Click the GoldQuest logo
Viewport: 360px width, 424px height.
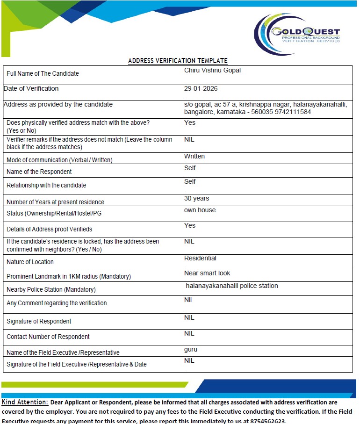coord(297,34)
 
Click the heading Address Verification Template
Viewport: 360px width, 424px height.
coord(178,61)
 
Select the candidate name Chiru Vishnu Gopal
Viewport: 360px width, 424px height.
coord(213,71)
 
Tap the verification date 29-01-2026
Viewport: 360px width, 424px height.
coord(201,89)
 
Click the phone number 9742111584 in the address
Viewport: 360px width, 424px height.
coord(295,112)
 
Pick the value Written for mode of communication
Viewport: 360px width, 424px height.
coord(194,157)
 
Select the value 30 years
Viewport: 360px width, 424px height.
coord(197,199)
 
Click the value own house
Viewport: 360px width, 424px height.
coord(200,210)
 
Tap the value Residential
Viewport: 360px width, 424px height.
coord(200,259)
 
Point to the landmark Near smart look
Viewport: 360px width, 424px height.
coord(207,273)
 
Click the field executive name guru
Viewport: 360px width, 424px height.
coord(191,350)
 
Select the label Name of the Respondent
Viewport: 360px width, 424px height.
coord(39,172)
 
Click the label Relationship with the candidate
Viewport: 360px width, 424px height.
coord(46,186)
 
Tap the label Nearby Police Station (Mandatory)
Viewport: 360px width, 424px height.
coord(51,290)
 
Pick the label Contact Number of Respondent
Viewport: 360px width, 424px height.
coord(48,337)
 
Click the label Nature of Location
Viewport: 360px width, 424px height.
coord(30,262)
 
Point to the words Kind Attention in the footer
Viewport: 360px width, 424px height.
coord(25,402)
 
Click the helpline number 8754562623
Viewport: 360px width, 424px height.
coord(266,421)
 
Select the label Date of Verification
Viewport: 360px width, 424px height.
coord(31,89)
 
